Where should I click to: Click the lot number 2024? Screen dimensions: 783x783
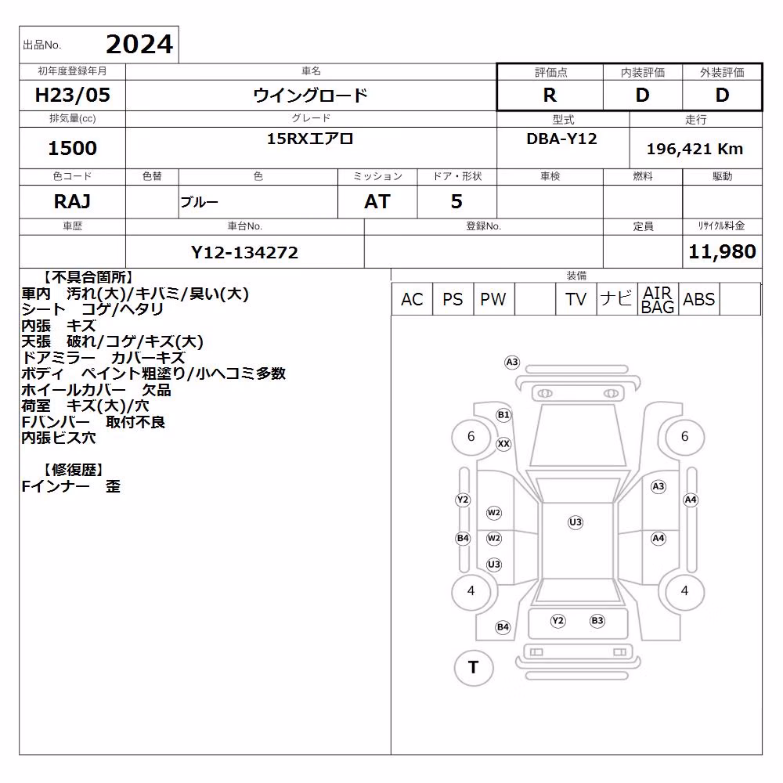139,45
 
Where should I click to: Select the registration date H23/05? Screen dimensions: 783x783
72,95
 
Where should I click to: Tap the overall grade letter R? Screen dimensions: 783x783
550,95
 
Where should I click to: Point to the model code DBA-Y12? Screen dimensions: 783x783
561,139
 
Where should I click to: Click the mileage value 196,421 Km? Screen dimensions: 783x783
695,149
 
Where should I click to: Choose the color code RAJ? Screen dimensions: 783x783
72,201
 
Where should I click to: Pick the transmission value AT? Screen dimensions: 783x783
377,201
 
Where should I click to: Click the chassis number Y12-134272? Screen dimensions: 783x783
244,252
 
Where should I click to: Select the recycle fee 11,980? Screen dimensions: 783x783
722,251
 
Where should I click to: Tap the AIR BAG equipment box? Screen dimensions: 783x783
658,299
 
